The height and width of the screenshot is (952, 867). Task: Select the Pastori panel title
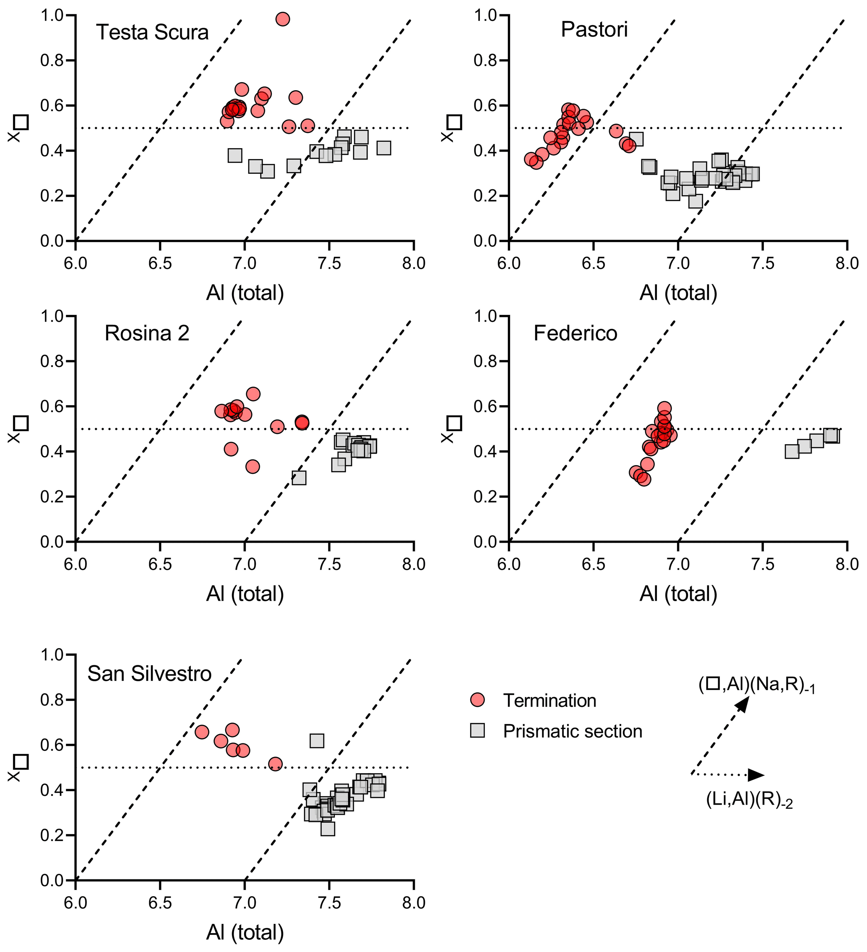point(594,30)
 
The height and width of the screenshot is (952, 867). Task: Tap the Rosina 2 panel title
point(147,333)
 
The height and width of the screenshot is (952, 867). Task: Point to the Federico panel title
point(575,333)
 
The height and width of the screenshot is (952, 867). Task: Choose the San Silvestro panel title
point(149,674)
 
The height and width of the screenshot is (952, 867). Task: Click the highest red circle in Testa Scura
point(283,19)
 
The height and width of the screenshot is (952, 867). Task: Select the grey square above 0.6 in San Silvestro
point(317,741)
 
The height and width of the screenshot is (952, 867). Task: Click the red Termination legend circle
point(478,700)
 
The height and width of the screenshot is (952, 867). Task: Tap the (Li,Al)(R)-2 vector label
point(750,800)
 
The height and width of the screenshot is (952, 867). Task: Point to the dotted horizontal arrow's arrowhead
point(757,775)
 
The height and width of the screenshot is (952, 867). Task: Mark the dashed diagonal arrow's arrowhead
point(742,704)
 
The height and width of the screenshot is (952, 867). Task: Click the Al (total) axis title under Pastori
point(678,293)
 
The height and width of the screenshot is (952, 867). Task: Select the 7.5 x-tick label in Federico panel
point(763,564)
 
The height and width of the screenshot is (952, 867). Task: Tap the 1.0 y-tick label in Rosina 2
point(52,316)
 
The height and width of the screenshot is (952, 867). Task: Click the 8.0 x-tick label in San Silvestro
point(414,903)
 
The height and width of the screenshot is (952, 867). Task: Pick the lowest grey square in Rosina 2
point(299,478)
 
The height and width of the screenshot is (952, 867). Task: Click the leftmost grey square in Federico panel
point(792,452)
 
